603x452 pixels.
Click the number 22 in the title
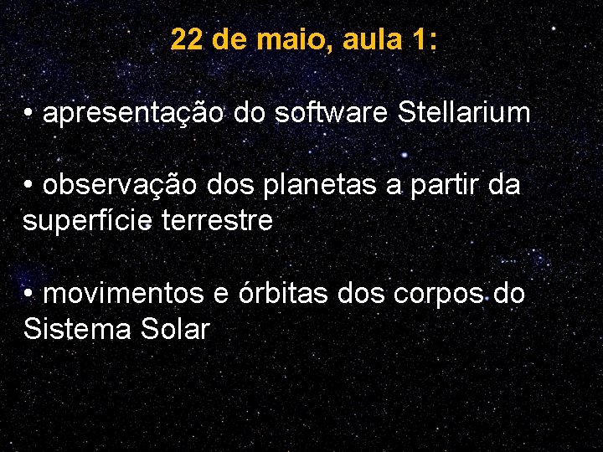187,39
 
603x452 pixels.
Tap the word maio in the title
296,39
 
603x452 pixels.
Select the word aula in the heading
373,39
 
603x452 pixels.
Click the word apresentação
132,113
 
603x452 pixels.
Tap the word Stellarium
465,113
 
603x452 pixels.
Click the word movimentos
122,294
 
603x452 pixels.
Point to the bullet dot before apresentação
29,114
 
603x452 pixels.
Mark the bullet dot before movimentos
29,295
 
